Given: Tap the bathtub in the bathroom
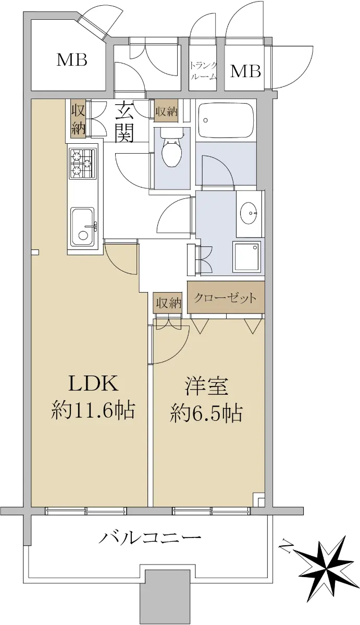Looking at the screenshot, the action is pos(226,120).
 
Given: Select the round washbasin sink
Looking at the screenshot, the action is pos(249,213).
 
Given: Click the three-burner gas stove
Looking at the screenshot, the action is pos(83,164).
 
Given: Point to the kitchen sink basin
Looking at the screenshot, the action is pos(82,227).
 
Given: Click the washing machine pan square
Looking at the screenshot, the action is pos(247,257).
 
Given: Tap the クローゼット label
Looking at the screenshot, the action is pos(225,298).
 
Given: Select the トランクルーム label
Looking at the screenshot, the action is pos(203,71).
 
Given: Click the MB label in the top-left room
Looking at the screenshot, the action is pos(72,60).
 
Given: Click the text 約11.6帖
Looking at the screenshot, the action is pos(93,410).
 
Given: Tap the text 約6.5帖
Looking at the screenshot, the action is pos(206,413).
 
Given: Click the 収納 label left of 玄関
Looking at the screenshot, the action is pos(78,120).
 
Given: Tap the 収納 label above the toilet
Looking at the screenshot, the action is pos(166,112).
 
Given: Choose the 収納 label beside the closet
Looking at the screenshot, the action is pos(169,303).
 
